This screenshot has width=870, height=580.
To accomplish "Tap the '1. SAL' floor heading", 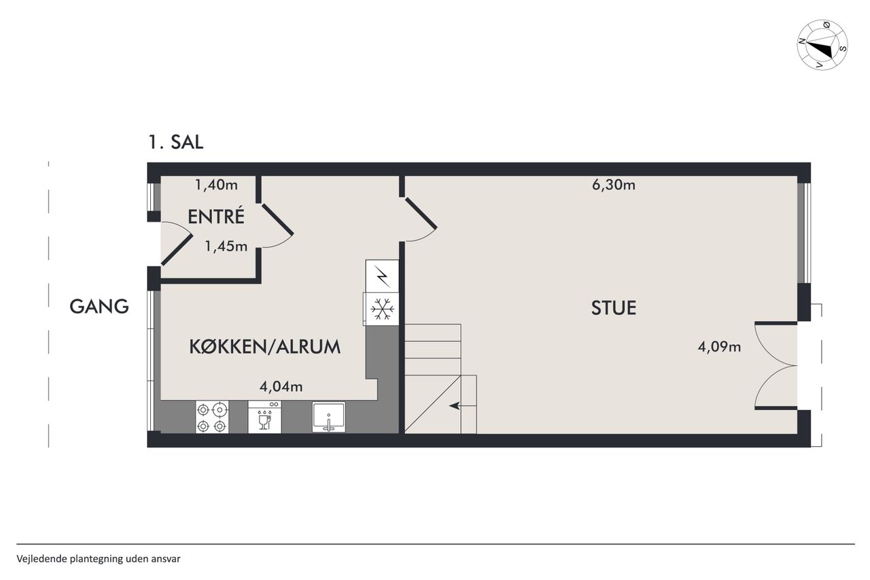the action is pos(176,142).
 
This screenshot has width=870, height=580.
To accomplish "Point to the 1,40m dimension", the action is pos(216,185).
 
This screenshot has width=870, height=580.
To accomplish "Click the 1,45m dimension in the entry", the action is pos(226,246).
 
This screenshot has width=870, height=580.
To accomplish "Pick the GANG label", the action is pos(99,307).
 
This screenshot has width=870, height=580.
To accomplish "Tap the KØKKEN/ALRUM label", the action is pos(265,347).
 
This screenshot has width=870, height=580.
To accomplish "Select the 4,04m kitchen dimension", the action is pos(281,386).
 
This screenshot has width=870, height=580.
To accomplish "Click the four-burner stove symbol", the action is pos(212,417).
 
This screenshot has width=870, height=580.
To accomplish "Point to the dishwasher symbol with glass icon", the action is pos(264,417).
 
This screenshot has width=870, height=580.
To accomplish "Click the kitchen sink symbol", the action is pos(328,417).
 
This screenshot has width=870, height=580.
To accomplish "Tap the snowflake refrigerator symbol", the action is pos(382,309).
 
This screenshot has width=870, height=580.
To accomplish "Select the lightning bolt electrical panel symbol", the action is pos(382,276).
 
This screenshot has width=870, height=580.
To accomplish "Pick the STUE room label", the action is pos(614,308).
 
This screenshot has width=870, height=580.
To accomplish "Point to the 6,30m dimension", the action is pos(614,185).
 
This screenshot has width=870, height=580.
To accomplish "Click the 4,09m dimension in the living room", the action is pos(719,347).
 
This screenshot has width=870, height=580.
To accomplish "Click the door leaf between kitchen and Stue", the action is pos(421,214).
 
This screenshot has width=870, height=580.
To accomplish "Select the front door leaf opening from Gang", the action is pos(177,250).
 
